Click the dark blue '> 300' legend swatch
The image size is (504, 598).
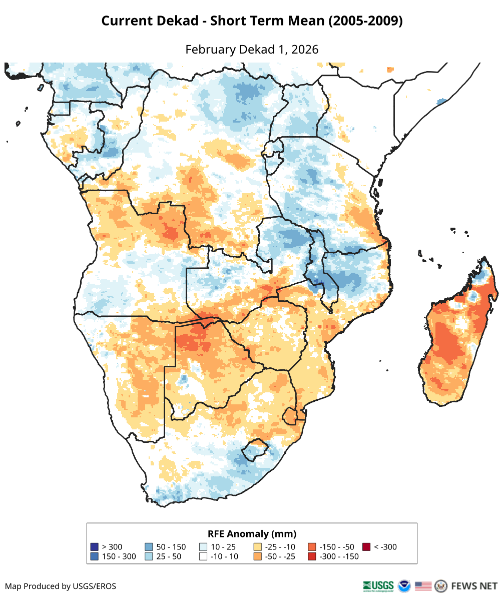click(x=94, y=547)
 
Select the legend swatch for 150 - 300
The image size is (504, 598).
click(x=94, y=556)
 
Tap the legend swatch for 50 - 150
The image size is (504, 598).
click(x=149, y=547)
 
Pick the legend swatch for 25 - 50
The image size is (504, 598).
click(x=149, y=556)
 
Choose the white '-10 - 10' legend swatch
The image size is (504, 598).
click(x=203, y=556)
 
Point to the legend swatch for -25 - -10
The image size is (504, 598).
click(x=258, y=547)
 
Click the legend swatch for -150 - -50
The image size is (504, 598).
click(x=312, y=547)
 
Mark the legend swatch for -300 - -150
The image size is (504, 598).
click(x=312, y=556)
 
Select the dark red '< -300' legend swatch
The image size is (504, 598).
click(x=366, y=547)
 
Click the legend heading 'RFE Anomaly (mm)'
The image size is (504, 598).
click(x=252, y=533)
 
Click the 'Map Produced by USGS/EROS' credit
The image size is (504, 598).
click(x=61, y=586)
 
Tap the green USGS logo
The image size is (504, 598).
click(x=378, y=585)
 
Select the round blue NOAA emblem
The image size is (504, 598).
click(x=404, y=585)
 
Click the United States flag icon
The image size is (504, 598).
click(x=423, y=585)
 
